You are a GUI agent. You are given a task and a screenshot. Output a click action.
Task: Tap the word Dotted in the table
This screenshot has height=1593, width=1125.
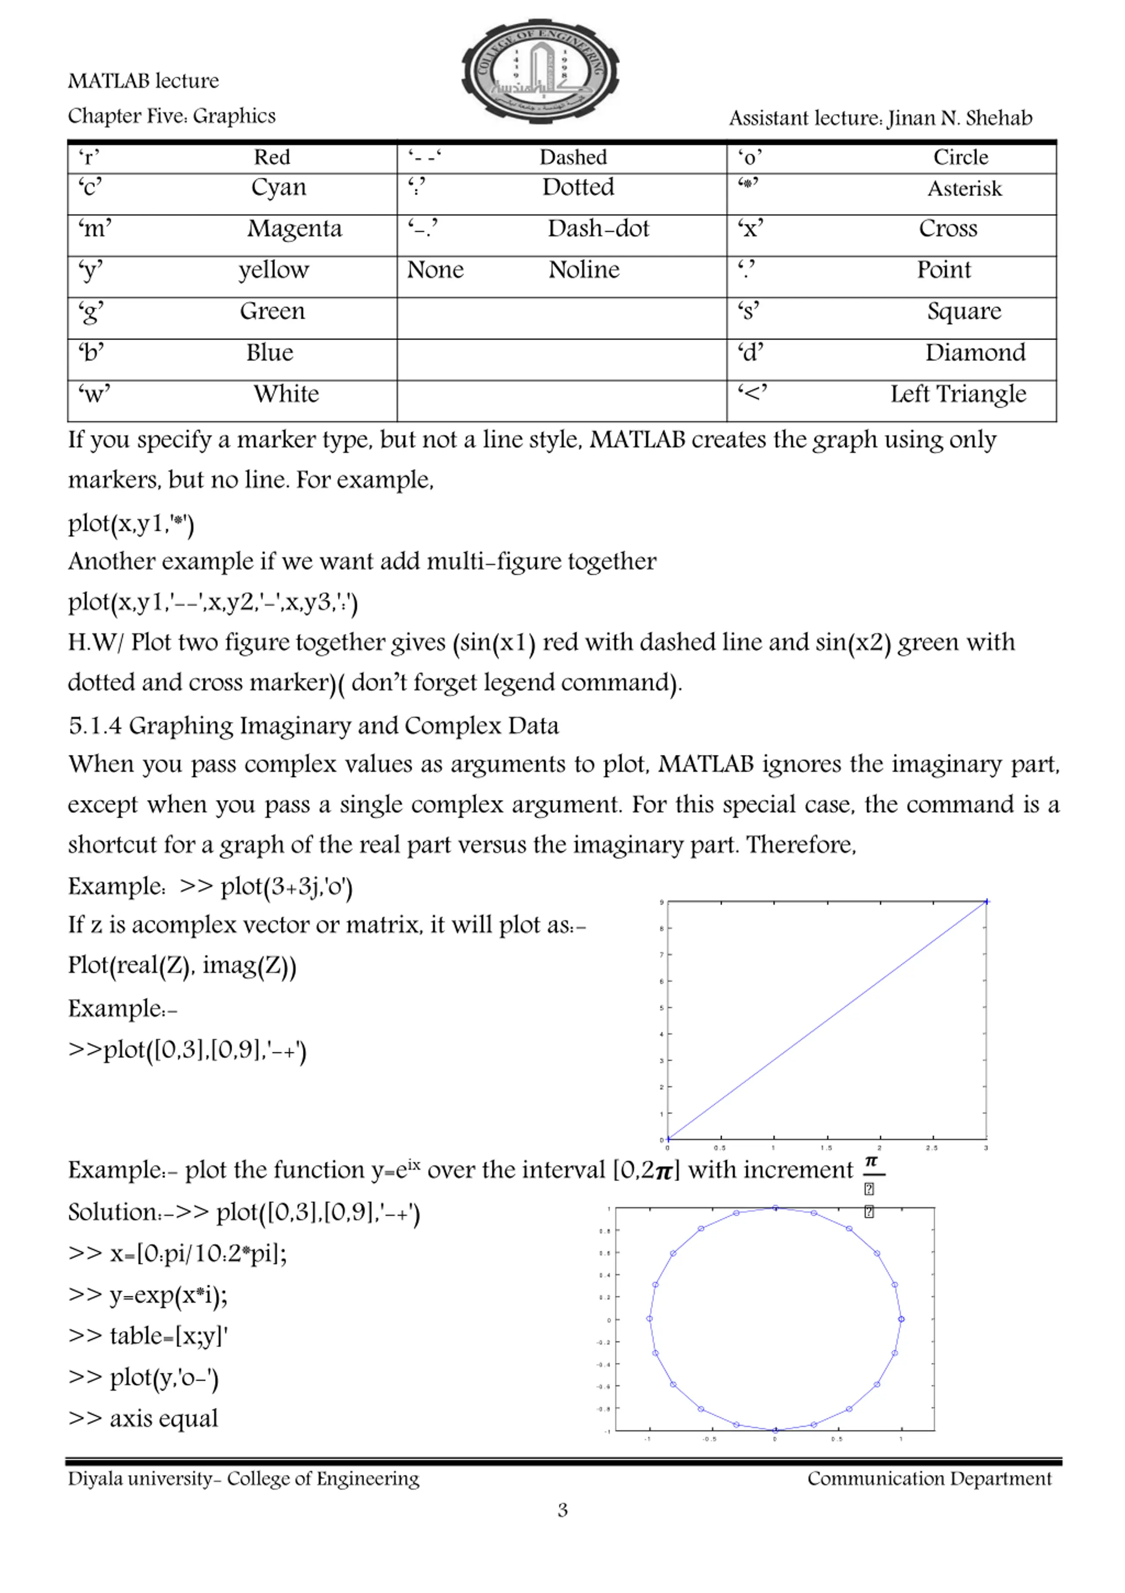coord(578,187)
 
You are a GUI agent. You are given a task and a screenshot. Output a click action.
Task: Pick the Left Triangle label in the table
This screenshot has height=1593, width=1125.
coord(958,394)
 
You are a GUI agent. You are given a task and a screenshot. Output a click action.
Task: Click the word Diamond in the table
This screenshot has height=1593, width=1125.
coord(975,353)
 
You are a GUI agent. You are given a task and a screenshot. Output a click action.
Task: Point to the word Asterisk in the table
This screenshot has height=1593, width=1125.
coord(964,189)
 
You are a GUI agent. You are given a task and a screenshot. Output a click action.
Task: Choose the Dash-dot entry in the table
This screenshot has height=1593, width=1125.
coord(598,229)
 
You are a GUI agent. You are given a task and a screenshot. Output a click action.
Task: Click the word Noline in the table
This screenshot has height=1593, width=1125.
coord(584,270)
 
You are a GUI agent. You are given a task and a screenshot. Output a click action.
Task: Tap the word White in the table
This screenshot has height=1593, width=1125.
coord(286,394)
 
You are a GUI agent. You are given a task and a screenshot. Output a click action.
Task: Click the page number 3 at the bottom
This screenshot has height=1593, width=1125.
coord(562,1510)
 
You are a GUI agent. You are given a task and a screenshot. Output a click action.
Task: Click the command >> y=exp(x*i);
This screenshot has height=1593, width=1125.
coord(148,1294)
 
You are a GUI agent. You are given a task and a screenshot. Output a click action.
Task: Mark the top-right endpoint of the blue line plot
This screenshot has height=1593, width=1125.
coord(986,902)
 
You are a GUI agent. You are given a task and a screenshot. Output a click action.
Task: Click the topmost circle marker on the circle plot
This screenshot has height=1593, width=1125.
coord(776,1208)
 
